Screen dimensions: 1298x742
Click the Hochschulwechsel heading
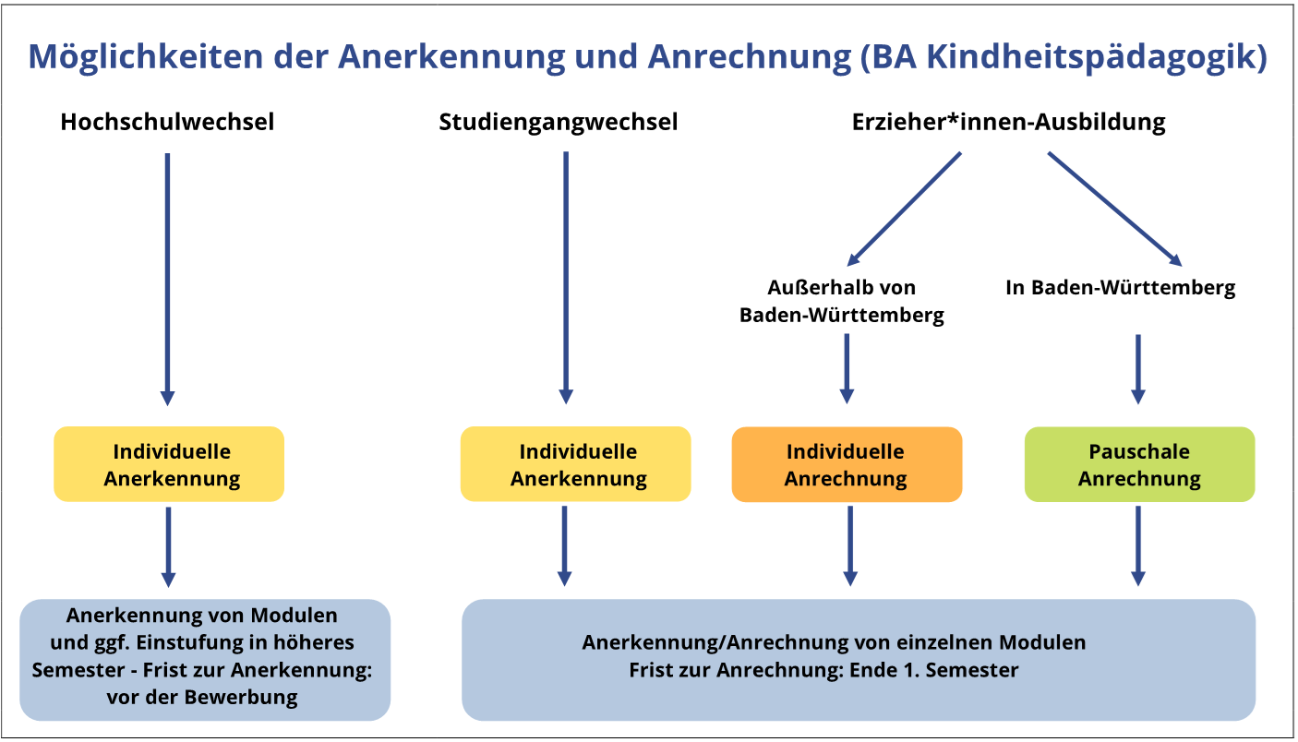[x=167, y=122]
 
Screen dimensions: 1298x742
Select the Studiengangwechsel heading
[x=558, y=122]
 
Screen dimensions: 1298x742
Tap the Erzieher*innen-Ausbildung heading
[x=1008, y=122]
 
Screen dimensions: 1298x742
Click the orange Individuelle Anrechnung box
[x=847, y=464]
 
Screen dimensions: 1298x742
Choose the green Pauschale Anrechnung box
[x=1139, y=464]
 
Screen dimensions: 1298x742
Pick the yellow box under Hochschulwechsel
[x=169, y=464]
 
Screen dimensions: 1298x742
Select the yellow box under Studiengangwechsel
[x=575, y=464]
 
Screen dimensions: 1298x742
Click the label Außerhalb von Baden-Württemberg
[x=841, y=301]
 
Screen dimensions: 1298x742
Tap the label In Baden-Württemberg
[x=1120, y=288]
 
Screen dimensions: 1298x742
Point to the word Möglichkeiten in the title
[x=146, y=57]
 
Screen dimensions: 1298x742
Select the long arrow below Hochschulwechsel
[x=167, y=280]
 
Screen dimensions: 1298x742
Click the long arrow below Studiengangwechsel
[x=566, y=278]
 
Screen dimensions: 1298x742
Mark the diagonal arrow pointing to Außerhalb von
[x=904, y=209]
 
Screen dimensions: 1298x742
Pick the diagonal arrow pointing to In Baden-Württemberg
[x=1115, y=209]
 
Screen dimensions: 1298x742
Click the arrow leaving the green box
[x=1138, y=546]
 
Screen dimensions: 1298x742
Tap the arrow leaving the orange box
[x=850, y=546]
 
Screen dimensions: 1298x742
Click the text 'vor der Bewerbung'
[x=201, y=697]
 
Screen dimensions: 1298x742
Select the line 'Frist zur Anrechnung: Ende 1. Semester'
[x=823, y=670]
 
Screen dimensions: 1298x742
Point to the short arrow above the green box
[x=1138, y=369]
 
